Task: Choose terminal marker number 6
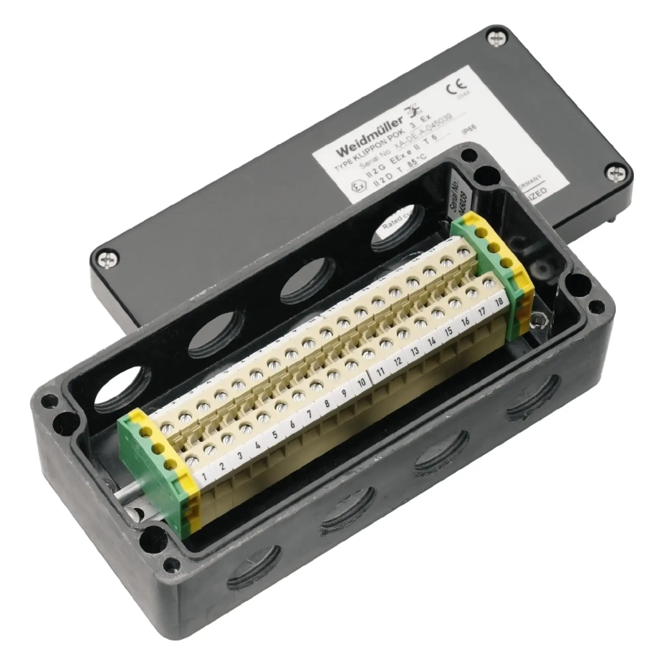(292, 425)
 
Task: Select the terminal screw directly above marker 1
(192, 459)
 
